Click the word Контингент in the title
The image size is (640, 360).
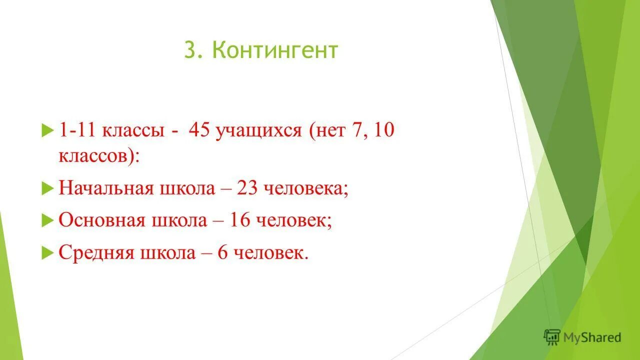click(x=275, y=51)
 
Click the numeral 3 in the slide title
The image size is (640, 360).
click(x=189, y=51)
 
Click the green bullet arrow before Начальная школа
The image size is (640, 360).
click(x=47, y=189)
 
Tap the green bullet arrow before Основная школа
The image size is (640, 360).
click(x=47, y=221)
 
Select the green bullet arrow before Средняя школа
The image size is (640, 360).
click(x=47, y=253)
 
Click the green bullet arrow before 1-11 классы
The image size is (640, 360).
click(x=47, y=132)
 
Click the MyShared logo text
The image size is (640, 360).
click(x=592, y=338)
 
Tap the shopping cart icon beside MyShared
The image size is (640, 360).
click(x=552, y=337)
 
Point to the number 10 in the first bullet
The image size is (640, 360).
click(x=384, y=131)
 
